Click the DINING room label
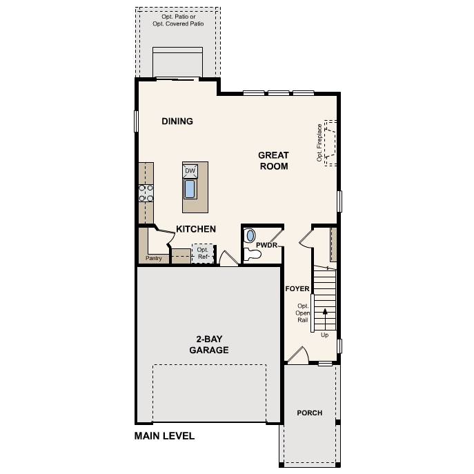[x=177, y=121]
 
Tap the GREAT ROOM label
[x=274, y=161]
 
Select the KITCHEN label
[x=196, y=229]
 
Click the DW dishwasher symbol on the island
[x=190, y=171]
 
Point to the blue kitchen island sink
[x=190, y=189]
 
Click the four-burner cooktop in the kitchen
[x=146, y=193]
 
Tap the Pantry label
[x=154, y=259]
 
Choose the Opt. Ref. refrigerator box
[x=203, y=253]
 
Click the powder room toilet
[x=252, y=254]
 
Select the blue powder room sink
[x=250, y=235]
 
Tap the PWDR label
[x=266, y=245]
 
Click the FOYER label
[x=297, y=289]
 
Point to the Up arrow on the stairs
[x=325, y=319]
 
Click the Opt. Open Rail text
[x=303, y=313]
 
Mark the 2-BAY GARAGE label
[x=209, y=344]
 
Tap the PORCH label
[x=310, y=413]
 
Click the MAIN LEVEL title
[x=164, y=436]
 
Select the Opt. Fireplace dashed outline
[x=330, y=143]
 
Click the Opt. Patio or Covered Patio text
[x=178, y=20]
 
